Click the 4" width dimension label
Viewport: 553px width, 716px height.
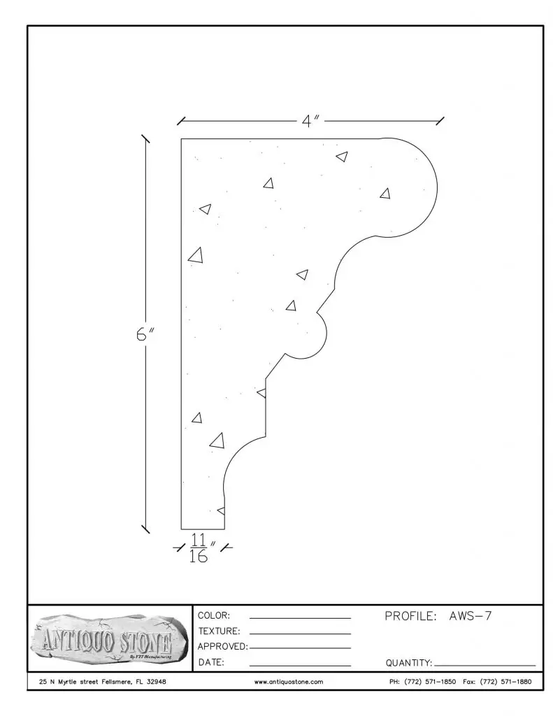pos(310,121)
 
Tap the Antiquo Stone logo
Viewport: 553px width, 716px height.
pos(108,638)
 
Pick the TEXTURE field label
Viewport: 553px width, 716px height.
pos(219,631)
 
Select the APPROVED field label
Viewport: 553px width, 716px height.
pos(222,647)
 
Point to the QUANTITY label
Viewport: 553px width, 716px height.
pos(409,662)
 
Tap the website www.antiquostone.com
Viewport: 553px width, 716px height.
pos(288,681)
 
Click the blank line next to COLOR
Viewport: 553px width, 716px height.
pos(300,619)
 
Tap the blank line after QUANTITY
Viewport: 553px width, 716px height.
pos(484,665)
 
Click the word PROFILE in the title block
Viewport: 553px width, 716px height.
pos(410,616)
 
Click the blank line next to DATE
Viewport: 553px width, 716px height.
pos(300,664)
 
